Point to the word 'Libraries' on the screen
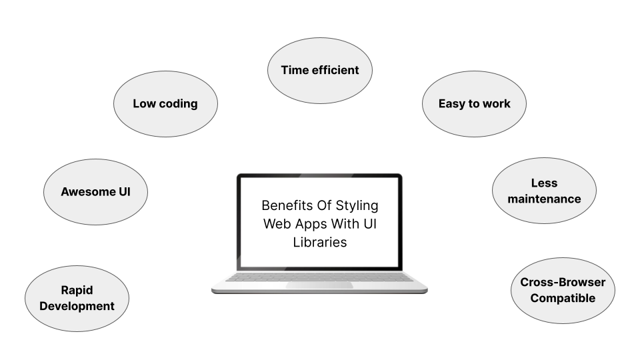[320, 242]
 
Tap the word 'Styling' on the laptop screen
[357, 206]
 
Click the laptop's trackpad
[319, 285]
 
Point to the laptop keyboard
[319, 277]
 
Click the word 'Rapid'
[77, 290]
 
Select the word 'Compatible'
[563, 298]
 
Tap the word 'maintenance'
[544, 199]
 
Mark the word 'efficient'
[335, 70]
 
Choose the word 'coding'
[179, 104]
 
